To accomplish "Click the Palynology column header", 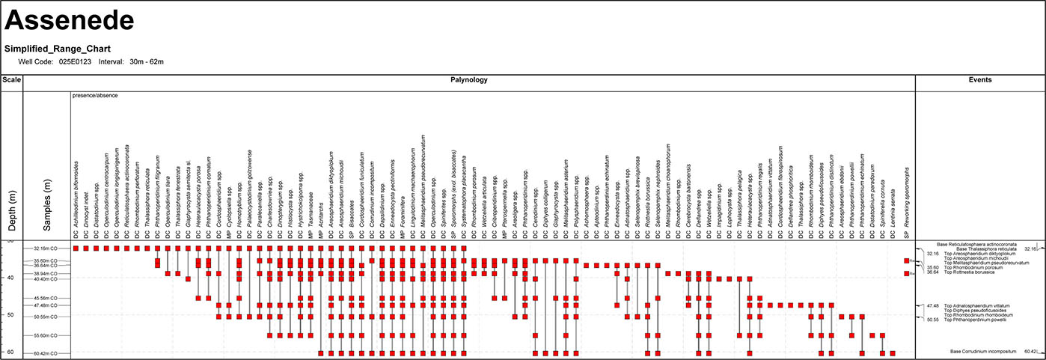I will point(469,80).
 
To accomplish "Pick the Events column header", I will point(979,80).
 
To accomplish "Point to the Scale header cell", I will point(11,80).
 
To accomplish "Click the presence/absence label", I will point(95,96).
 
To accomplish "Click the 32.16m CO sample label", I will point(46,248).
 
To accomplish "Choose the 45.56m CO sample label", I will point(46,299).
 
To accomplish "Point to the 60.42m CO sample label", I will point(46,353).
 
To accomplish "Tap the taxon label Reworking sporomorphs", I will point(906,202).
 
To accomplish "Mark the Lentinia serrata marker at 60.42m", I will point(893,353).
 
